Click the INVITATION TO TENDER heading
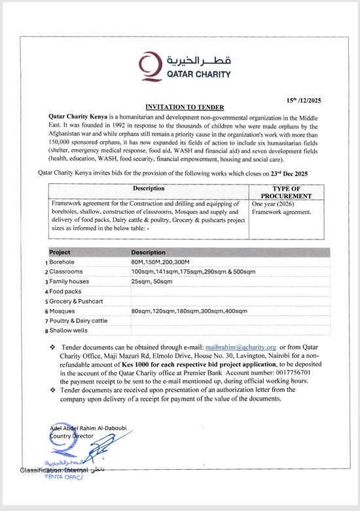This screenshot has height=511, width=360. tap(184, 107)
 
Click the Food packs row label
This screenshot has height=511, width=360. tap(65, 291)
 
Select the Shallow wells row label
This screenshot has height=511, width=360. tap(69, 330)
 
